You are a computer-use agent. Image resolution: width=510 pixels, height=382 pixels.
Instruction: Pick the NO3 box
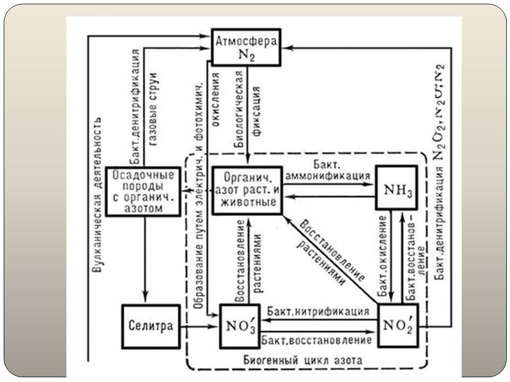tap(240, 326)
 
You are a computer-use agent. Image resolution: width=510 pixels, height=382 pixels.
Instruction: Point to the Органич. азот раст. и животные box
tap(248, 190)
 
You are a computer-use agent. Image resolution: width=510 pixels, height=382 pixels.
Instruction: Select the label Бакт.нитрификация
tap(319, 310)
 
